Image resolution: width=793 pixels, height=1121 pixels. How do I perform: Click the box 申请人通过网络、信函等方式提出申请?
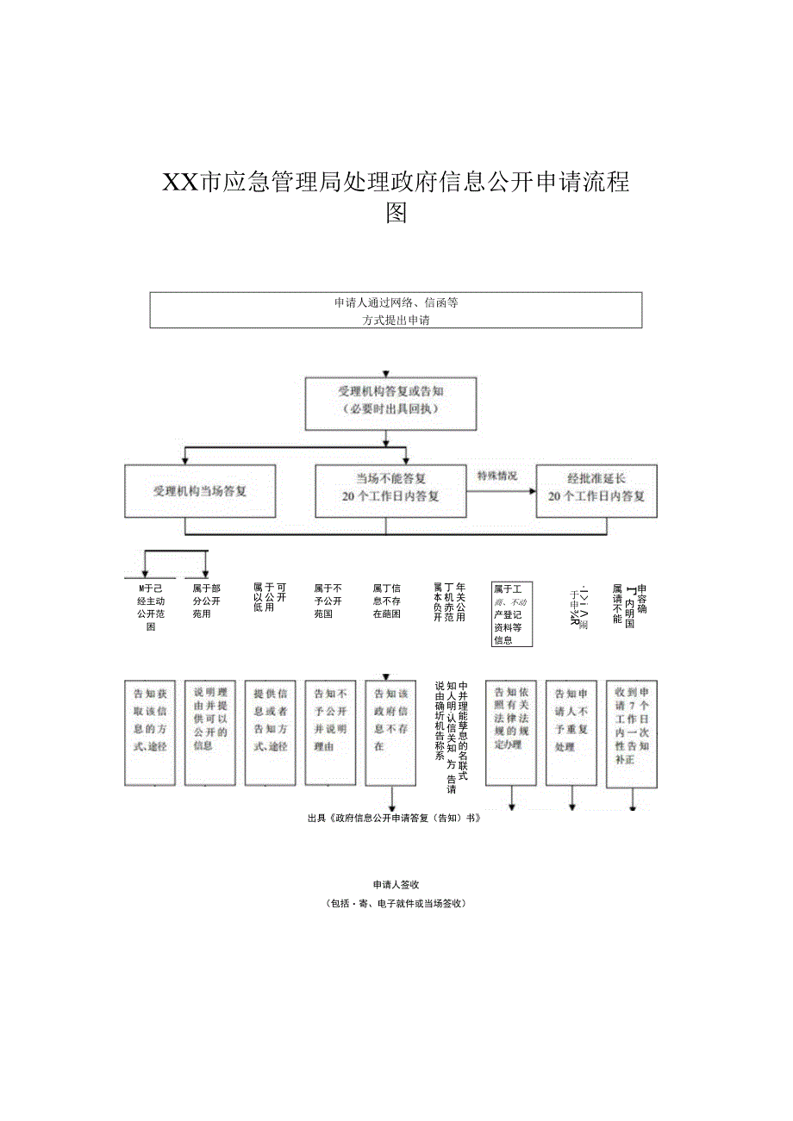pyautogui.click(x=396, y=310)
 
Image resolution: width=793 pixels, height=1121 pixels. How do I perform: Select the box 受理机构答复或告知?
pyautogui.click(x=390, y=402)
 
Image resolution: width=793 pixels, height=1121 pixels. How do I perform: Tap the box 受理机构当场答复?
pyautogui.click(x=200, y=491)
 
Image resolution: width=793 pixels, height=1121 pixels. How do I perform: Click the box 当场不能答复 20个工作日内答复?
pyautogui.click(x=390, y=491)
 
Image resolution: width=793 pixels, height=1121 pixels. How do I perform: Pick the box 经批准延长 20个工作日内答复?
pyautogui.click(x=596, y=491)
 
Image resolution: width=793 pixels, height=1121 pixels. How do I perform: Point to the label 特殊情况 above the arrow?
pyautogui.click(x=497, y=476)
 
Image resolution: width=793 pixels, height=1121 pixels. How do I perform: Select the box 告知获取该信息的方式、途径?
pyautogui.click(x=150, y=732)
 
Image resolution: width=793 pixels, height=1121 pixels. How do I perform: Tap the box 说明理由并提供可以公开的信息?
pyautogui.click(x=209, y=732)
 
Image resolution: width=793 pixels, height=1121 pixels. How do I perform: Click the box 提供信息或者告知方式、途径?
pyautogui.click(x=270, y=732)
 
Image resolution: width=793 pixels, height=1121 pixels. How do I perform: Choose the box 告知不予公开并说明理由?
pyautogui.click(x=330, y=732)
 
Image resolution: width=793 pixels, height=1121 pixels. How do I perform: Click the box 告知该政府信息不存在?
pyautogui.click(x=390, y=732)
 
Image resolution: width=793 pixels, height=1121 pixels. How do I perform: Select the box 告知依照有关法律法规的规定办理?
pyautogui.click(x=511, y=732)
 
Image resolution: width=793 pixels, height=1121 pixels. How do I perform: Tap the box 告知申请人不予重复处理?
pyautogui.click(x=571, y=732)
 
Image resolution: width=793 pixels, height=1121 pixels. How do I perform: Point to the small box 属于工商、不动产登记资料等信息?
pyautogui.click(x=511, y=613)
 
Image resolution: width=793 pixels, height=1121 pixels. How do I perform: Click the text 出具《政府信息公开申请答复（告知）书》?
pyautogui.click(x=393, y=819)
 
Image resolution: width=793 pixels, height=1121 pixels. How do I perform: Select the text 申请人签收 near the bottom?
pyautogui.click(x=396, y=885)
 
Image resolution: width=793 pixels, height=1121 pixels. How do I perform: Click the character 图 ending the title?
pyautogui.click(x=396, y=212)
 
